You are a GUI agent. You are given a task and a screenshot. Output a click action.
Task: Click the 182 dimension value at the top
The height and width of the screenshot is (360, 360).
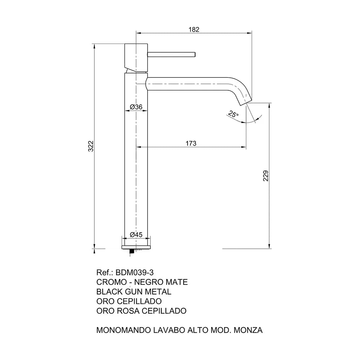click(194, 30)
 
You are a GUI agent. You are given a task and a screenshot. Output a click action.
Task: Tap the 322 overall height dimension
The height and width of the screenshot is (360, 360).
click(91, 146)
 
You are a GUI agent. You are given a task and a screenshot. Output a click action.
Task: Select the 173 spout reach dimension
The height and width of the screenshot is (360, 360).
click(191, 144)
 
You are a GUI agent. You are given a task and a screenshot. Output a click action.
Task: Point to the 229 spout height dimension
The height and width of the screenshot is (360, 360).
click(266, 176)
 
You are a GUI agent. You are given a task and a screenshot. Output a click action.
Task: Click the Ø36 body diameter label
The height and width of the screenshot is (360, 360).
click(136, 107)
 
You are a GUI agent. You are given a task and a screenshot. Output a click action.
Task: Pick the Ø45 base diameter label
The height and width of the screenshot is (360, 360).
click(136, 235)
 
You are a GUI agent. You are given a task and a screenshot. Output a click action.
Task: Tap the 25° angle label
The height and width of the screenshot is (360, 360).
click(233, 114)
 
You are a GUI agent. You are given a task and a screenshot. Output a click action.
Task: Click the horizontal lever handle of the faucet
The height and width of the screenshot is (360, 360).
click(171, 54)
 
